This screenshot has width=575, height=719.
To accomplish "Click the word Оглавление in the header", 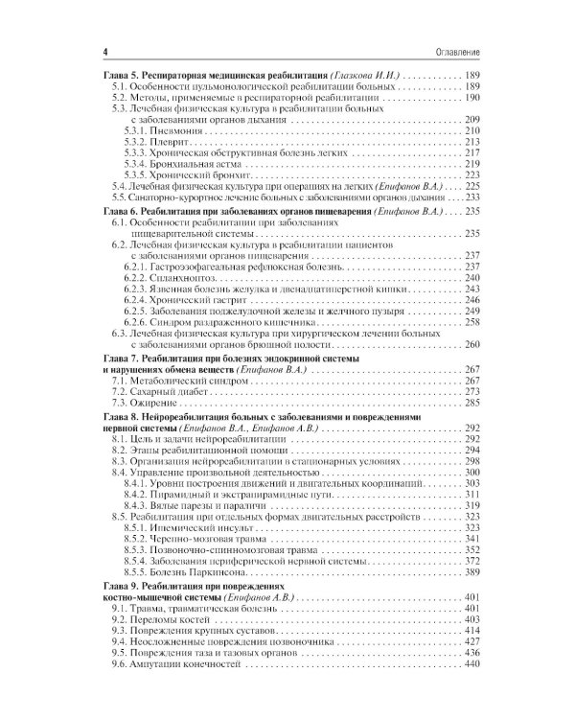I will [455, 49].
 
